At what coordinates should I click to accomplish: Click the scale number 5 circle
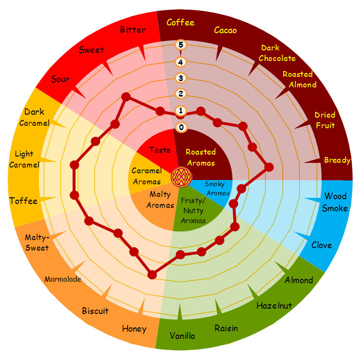(181, 45)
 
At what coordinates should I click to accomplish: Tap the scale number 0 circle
(181, 127)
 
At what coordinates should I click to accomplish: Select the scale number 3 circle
(181, 78)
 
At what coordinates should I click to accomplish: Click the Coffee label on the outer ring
(180, 23)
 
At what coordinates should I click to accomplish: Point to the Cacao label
(225, 31)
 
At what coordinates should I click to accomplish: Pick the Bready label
(337, 160)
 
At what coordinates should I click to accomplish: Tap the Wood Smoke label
(335, 202)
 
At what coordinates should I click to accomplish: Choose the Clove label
(322, 245)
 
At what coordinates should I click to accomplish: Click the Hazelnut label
(274, 305)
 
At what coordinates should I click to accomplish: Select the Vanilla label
(182, 336)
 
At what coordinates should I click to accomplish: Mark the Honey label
(134, 329)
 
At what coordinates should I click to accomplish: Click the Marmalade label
(63, 279)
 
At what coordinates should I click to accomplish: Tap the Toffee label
(23, 201)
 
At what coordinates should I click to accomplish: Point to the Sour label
(60, 79)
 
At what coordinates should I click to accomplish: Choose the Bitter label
(133, 30)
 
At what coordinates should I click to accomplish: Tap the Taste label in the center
(160, 150)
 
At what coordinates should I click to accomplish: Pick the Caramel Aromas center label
(146, 176)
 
